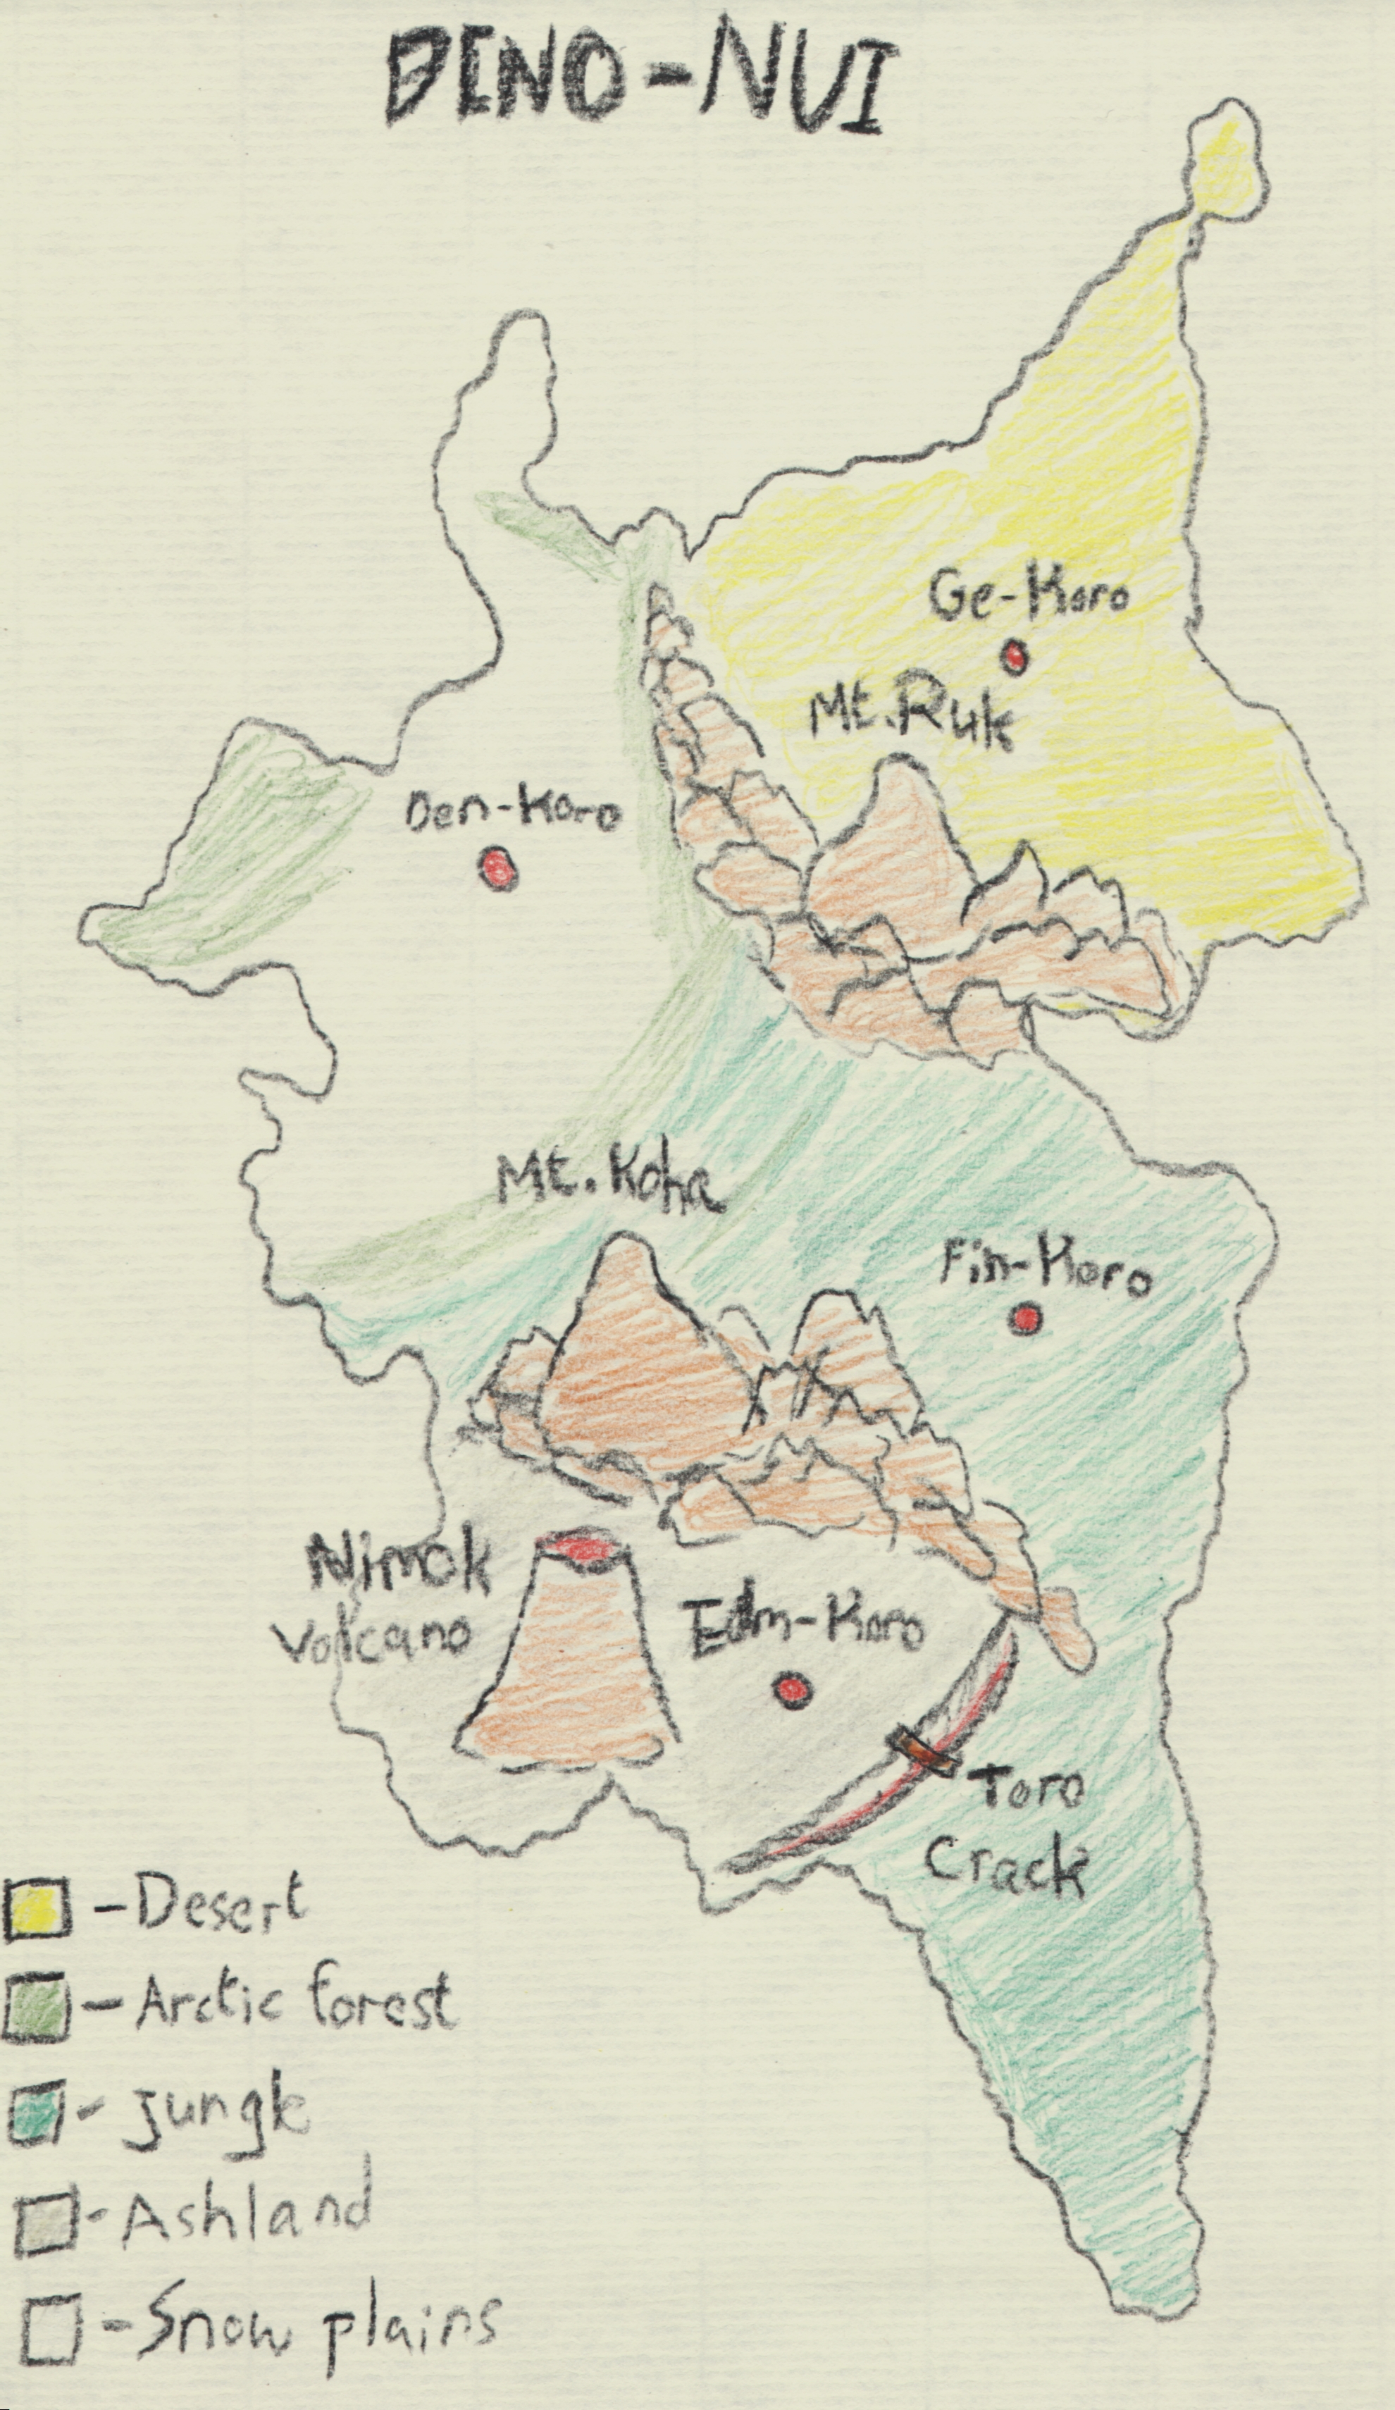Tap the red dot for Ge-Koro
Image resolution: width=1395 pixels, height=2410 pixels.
[1012, 656]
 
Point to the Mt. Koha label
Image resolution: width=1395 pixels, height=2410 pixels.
[609, 1187]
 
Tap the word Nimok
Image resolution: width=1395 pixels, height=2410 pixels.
[399, 1566]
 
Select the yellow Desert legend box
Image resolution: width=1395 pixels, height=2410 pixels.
[37, 1920]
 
